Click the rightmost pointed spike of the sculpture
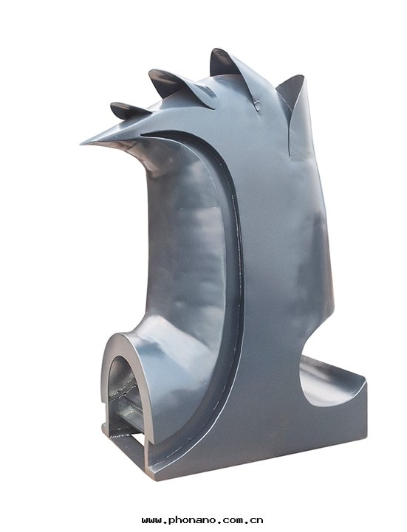[x=293, y=91]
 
